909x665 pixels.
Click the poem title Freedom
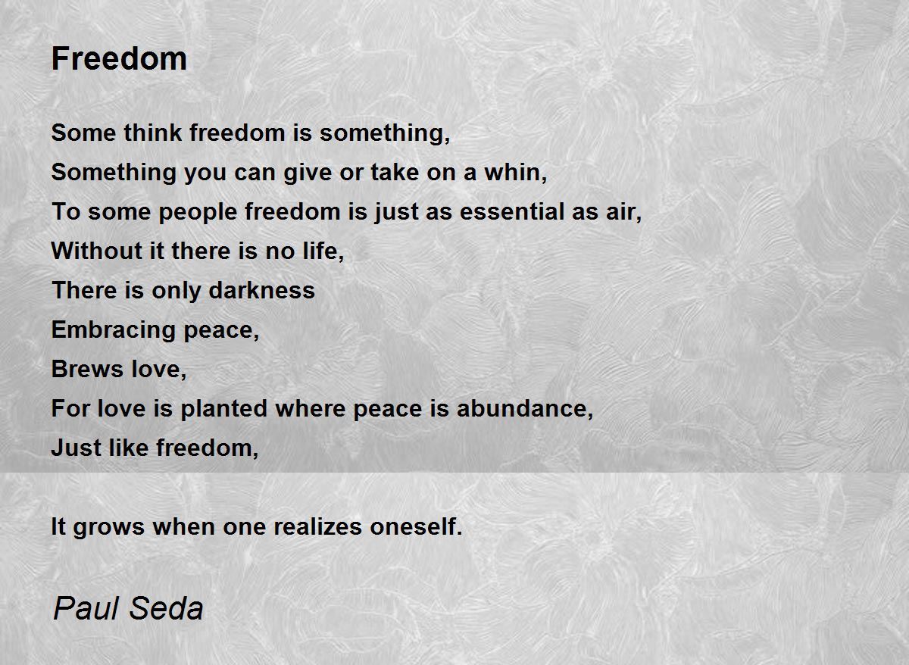[x=119, y=59]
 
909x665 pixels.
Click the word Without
[x=97, y=251]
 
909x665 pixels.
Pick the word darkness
[x=262, y=290]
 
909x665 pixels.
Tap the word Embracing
[x=113, y=330]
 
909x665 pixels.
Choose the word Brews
[x=87, y=369]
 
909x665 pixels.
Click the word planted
[x=223, y=408]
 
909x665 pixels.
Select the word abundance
[x=522, y=408]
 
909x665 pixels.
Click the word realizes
[x=317, y=526]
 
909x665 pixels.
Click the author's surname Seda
[x=167, y=609]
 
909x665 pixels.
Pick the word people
[x=198, y=212]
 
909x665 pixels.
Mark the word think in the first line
[x=153, y=133]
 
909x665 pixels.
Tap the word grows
[x=109, y=527]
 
